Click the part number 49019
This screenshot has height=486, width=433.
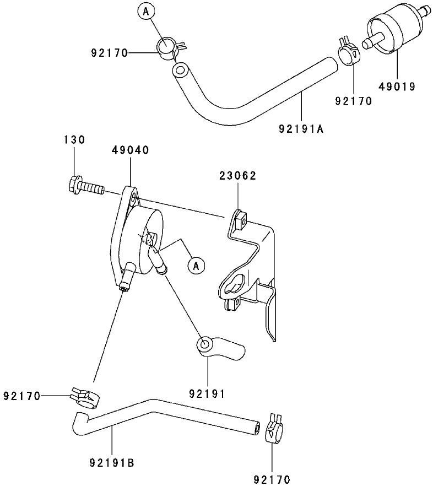click(397, 86)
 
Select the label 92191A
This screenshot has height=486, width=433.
click(301, 129)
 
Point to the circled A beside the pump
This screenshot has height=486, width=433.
click(196, 265)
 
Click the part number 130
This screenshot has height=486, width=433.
click(74, 140)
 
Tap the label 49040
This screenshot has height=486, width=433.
click(130, 150)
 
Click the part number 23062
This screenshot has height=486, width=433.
click(237, 176)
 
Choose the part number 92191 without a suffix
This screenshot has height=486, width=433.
click(207, 393)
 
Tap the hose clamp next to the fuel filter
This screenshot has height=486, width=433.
click(348, 51)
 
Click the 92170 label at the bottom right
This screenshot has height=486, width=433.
click(271, 479)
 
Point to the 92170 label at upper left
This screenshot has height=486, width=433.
click(110, 53)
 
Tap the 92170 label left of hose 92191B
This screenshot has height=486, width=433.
click(22, 396)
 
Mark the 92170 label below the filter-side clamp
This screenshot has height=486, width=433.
click(353, 101)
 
